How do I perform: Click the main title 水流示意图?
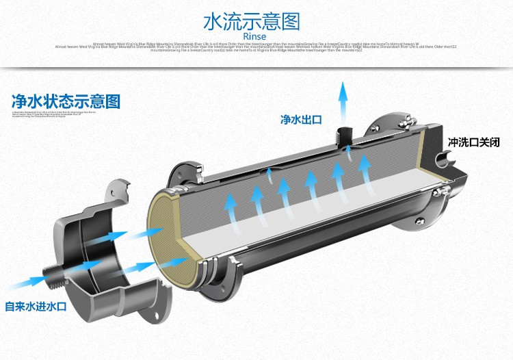252,21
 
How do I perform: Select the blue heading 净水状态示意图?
66,101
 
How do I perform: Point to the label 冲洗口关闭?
473,143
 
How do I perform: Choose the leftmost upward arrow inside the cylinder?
229,205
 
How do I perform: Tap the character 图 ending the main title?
291,21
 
